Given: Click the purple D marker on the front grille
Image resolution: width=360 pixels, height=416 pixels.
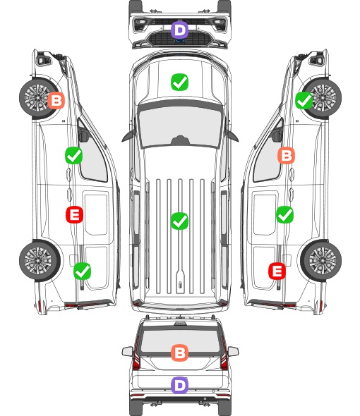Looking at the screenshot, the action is click(179, 30).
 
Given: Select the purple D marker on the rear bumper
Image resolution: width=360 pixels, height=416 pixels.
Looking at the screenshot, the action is click(179, 385).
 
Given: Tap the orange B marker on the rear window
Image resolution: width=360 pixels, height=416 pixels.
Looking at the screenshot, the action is click(179, 353).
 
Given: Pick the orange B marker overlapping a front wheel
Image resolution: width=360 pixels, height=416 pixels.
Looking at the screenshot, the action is click(56, 100).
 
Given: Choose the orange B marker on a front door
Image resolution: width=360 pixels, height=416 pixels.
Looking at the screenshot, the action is click(286, 155).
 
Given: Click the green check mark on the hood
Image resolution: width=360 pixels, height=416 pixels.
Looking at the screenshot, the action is click(179, 82).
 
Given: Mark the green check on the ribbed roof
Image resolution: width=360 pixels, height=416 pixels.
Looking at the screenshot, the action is click(179, 221).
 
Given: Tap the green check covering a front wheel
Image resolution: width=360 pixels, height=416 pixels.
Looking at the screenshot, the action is click(304, 100).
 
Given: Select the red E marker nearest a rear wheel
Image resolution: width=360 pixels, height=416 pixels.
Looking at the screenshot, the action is click(277, 271).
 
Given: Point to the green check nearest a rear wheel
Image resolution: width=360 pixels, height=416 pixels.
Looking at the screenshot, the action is click(82, 271).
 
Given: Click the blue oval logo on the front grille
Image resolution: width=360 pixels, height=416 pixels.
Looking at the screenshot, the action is click(180, 41).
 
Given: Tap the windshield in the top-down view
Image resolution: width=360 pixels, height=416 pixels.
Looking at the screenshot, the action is click(180, 126).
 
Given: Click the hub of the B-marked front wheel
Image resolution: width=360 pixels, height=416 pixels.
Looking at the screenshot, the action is click(37, 98).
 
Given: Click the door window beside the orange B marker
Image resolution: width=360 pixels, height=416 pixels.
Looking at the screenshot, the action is click(267, 159).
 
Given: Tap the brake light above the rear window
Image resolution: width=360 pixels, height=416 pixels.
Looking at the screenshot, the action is click(180, 324).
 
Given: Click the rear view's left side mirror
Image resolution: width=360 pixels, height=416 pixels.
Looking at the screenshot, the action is click(128, 351).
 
